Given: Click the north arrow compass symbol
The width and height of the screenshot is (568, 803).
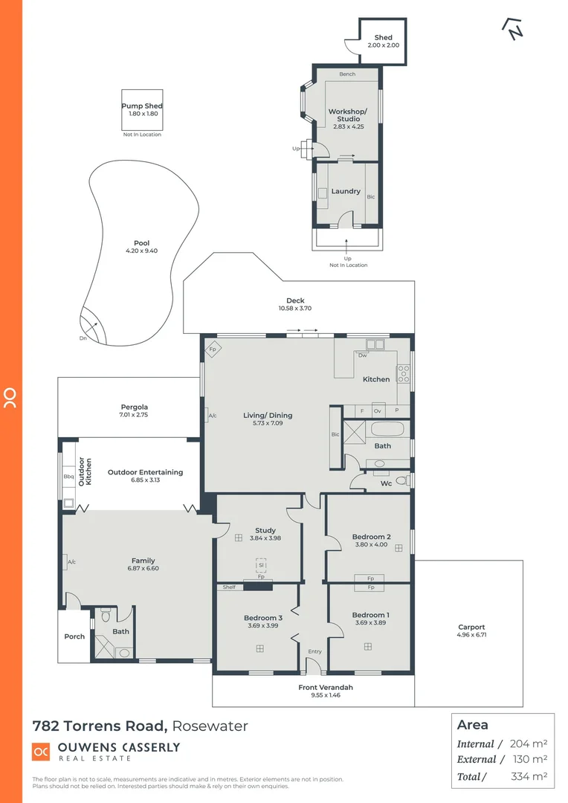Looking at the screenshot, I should tap(513, 28).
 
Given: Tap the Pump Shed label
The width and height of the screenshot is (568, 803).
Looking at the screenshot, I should tap(141, 106).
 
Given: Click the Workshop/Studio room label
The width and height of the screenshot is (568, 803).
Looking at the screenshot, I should tap(347, 115).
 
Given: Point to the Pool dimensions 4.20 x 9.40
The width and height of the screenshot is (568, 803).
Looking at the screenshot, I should tap(141, 251).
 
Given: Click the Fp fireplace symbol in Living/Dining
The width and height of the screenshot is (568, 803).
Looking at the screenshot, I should tap(212, 349).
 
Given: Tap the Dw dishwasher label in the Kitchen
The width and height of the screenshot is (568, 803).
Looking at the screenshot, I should tap(362, 355).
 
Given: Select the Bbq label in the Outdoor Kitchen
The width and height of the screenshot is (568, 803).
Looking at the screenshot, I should tap(68, 476).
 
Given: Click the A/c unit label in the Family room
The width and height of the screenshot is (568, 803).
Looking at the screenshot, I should tap(71, 563).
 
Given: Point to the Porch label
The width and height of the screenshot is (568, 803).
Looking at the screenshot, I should tap(74, 636).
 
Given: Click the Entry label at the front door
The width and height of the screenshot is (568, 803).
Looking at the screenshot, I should tap(314, 651).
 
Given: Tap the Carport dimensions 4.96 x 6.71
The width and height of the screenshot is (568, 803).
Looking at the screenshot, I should tap(471, 636).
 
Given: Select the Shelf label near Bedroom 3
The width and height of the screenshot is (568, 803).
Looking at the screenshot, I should tap(229, 587).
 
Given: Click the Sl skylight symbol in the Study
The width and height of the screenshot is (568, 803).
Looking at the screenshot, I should tap(261, 565).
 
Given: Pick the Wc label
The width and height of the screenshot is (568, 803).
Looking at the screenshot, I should tap(386, 484).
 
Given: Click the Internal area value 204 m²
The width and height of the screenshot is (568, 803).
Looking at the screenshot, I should tap(529, 744).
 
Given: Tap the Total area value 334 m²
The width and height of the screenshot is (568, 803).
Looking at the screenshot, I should tap(529, 776).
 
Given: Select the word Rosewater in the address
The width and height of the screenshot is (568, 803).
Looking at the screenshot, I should tap(211, 726).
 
